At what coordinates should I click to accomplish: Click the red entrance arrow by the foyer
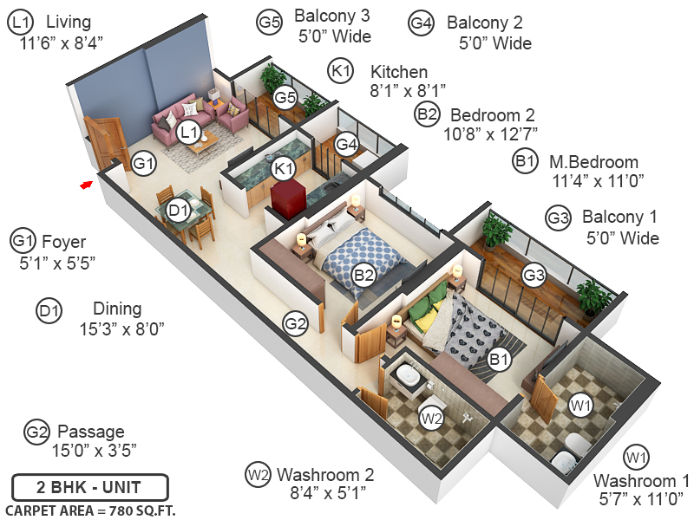pos(85,184)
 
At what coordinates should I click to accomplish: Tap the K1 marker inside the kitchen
pos(282,168)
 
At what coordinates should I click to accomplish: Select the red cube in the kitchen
pos(286,197)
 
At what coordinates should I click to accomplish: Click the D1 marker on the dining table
pos(179,210)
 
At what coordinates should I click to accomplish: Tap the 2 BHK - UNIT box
pos(89,487)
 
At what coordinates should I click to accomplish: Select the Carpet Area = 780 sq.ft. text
pos(90,510)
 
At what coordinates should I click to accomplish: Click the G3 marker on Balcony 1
pos(534,276)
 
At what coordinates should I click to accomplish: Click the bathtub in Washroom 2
pos(405,376)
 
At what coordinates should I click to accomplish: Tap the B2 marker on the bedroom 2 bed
pos(364,276)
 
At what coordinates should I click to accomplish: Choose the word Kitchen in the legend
pos(398,71)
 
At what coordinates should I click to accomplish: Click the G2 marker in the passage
pos(296,324)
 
